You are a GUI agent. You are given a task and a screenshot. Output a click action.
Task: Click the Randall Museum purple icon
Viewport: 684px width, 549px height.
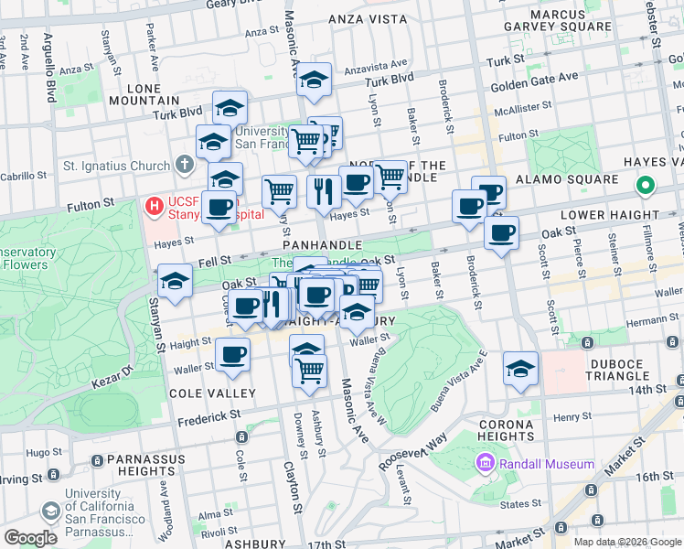[x=485, y=464]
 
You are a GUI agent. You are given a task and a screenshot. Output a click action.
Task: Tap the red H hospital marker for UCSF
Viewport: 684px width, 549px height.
[x=154, y=207]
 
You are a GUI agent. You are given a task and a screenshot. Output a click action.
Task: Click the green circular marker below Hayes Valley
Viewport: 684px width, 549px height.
[x=645, y=187]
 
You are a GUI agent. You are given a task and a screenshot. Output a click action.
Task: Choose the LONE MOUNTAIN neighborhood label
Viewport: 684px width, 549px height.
[x=144, y=93]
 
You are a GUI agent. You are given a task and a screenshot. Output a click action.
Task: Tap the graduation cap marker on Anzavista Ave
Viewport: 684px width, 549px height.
[x=314, y=81]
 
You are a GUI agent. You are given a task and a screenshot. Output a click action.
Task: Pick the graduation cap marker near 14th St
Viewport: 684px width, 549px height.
[x=520, y=369]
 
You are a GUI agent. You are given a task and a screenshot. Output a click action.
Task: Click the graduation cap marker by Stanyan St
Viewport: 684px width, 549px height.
[x=175, y=282]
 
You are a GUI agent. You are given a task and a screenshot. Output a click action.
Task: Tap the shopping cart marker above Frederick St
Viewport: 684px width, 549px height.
[x=309, y=371]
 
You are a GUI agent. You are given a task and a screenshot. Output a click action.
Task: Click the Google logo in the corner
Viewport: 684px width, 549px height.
[x=31, y=538]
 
